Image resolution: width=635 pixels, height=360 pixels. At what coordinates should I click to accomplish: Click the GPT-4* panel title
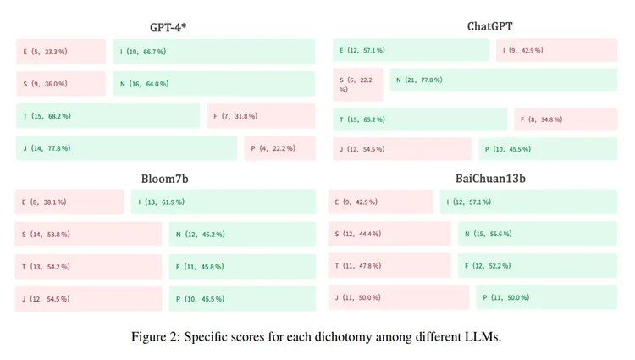(x=167, y=27)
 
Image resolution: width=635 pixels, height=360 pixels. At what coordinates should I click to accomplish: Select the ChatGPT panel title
(x=490, y=26)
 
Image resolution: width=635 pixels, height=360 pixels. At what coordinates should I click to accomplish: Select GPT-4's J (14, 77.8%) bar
(x=127, y=148)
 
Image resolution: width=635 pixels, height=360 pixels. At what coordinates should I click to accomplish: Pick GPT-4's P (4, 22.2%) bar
(x=279, y=148)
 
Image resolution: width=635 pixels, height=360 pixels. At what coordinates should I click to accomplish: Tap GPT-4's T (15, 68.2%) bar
(x=108, y=116)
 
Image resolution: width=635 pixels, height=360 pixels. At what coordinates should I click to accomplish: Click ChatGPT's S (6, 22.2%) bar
(x=357, y=84)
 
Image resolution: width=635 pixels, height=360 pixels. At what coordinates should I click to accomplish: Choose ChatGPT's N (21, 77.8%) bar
(x=503, y=80)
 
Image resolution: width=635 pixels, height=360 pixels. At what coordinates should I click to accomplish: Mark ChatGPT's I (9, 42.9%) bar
(x=557, y=50)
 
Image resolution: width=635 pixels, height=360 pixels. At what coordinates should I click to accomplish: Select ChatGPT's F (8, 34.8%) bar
(x=566, y=119)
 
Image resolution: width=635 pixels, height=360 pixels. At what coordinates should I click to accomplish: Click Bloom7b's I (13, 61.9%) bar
(x=223, y=202)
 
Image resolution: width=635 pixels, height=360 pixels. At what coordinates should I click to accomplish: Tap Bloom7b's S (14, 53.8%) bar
(x=89, y=234)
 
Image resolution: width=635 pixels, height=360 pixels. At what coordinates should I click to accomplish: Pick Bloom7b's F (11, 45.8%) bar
(x=242, y=266)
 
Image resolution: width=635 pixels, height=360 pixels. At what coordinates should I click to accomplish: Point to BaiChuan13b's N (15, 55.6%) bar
(x=538, y=234)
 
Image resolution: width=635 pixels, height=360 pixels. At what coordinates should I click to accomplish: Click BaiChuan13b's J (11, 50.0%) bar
(x=399, y=297)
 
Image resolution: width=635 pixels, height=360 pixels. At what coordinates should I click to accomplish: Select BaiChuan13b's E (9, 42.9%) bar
(x=381, y=202)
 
